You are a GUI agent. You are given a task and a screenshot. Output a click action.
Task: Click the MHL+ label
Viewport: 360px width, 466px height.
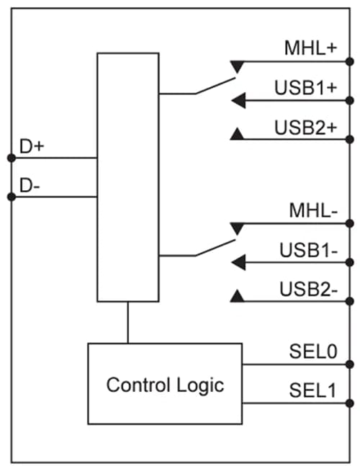click(x=311, y=50)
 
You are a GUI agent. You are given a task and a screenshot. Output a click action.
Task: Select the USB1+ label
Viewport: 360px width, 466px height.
click(x=306, y=89)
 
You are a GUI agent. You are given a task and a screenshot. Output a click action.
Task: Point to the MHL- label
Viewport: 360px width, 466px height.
click(x=312, y=212)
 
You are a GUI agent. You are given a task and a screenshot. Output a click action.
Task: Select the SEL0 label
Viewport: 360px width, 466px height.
click(x=312, y=352)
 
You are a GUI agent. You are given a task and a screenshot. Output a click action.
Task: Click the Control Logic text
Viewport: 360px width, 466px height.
click(x=165, y=385)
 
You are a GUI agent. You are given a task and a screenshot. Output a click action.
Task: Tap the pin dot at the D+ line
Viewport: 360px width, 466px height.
click(x=10, y=157)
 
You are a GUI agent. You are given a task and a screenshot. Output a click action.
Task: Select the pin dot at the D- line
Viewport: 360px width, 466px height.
click(x=10, y=196)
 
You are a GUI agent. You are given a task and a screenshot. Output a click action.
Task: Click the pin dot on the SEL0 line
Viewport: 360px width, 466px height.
click(x=350, y=364)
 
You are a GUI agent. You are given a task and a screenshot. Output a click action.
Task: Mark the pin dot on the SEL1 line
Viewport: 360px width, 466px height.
click(x=350, y=403)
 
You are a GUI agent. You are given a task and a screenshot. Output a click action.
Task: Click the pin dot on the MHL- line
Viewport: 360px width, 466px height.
click(x=350, y=224)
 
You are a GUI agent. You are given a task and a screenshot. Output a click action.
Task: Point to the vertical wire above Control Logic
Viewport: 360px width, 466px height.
click(x=128, y=322)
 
